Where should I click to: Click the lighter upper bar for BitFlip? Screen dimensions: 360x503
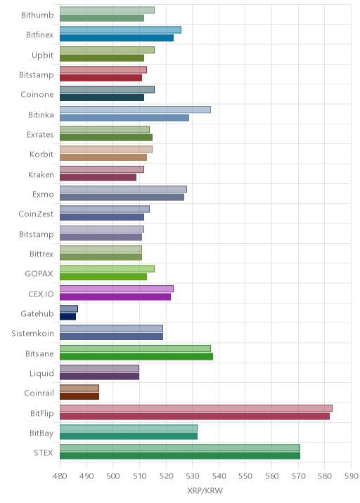click(196, 408)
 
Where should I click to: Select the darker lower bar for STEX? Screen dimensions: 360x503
click(180, 456)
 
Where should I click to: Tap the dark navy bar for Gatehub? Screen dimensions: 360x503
click(67, 317)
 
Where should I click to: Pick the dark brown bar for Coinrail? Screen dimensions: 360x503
click(79, 396)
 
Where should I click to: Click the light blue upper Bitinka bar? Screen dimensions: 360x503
click(135, 110)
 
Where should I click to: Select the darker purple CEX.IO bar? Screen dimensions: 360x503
click(115, 296)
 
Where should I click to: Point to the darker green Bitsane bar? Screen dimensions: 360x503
click(136, 356)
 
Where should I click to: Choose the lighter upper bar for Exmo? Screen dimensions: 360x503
click(123, 189)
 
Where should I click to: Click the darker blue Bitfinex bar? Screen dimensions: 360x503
click(117, 38)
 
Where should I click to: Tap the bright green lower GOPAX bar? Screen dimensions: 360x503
click(103, 277)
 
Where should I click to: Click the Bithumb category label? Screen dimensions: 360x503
click(37, 15)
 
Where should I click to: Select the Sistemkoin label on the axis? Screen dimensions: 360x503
click(33, 333)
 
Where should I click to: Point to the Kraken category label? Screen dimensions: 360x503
click(41, 174)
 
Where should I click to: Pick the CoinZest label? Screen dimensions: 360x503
click(36, 214)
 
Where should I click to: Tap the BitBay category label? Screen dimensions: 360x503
click(41, 433)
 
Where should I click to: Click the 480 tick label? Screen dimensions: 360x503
click(60, 476)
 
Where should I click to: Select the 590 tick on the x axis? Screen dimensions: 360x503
click(351, 476)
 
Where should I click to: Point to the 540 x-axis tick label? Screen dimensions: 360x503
click(219, 476)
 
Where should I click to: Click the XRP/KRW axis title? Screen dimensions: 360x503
click(205, 490)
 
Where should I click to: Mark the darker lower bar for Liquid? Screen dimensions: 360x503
click(99, 377)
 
